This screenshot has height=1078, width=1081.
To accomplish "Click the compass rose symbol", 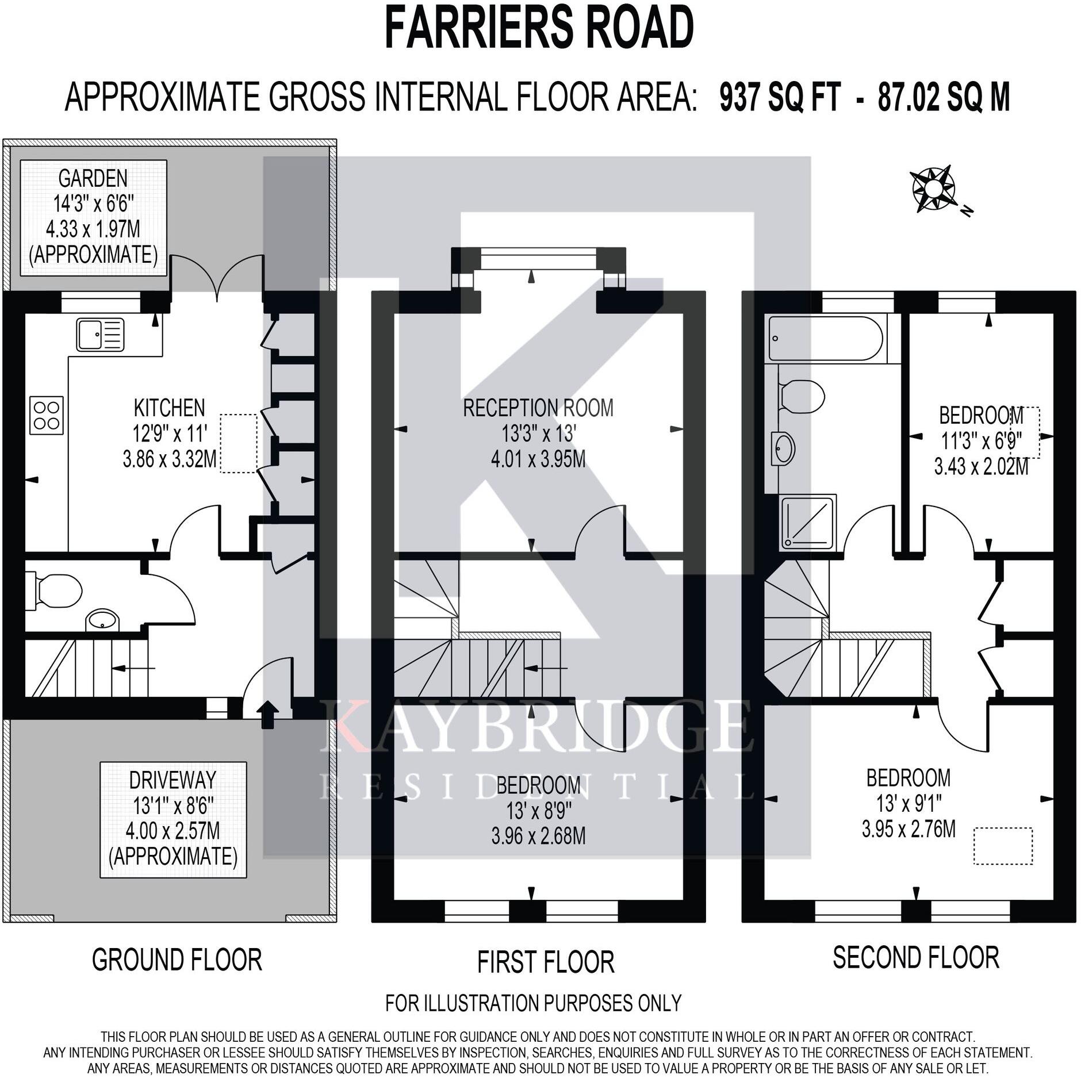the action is (933, 189).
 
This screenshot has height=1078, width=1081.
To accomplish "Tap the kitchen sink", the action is (100, 335).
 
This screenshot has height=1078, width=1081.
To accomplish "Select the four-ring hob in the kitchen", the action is (47, 416).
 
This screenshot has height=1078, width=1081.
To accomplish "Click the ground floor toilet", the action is (53, 590).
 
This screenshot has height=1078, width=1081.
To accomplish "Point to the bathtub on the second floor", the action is (826, 339).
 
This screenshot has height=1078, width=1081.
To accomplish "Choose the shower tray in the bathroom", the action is (808, 521).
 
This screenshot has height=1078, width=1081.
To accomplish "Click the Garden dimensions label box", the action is (93, 217).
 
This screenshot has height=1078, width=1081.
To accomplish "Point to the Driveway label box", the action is (173, 819).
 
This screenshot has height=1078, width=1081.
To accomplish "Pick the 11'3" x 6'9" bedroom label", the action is (982, 440).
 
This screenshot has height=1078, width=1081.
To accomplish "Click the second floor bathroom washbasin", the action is (785, 447).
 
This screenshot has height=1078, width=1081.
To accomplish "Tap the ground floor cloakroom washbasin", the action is (103, 620).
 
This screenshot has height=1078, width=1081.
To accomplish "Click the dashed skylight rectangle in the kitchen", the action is (239, 443).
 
